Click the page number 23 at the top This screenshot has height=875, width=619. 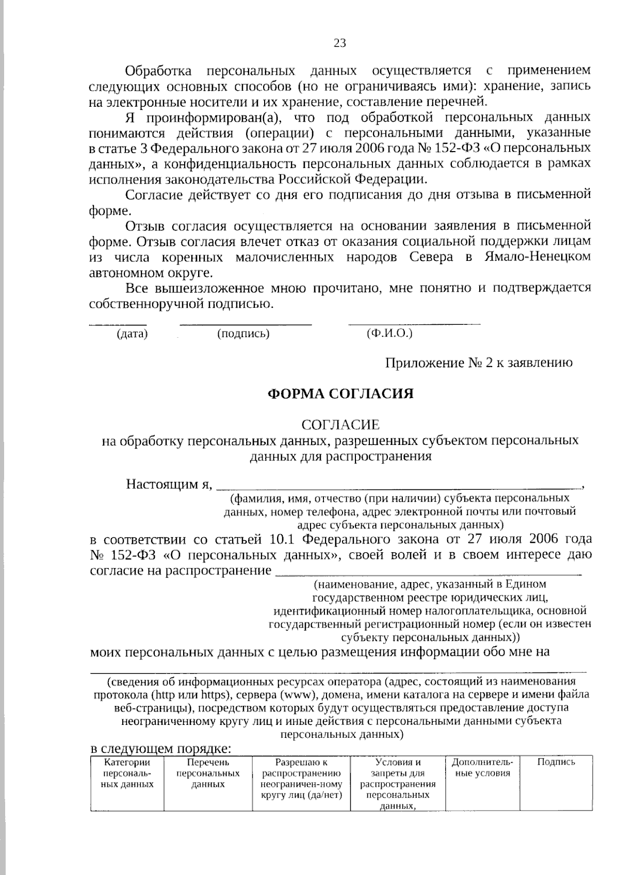340,43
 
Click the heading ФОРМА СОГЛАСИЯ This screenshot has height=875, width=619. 340,394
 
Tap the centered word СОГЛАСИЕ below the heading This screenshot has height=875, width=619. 340,425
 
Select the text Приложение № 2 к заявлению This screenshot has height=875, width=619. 479,363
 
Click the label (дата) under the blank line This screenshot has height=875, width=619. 133,334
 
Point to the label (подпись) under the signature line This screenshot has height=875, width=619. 243,334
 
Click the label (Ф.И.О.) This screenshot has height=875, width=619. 390,334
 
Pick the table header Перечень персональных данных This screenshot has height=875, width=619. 208,773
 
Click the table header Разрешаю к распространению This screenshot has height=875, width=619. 301,778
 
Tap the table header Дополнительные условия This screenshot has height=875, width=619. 482,767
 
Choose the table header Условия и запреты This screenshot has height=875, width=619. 398,784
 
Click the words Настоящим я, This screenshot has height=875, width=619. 170,484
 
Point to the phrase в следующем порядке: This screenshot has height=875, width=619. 159,748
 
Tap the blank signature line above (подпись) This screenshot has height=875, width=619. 246,323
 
